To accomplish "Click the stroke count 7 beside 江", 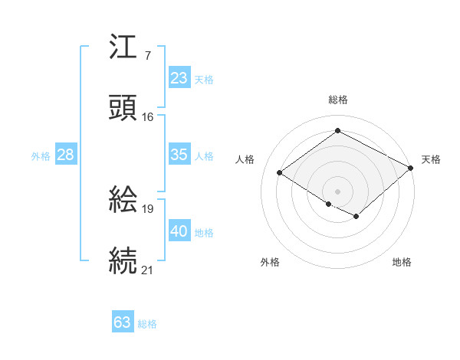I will [x=147, y=56].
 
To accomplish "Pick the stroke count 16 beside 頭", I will [x=147, y=116].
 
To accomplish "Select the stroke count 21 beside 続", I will [x=147, y=270].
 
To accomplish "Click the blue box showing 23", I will [x=179, y=78].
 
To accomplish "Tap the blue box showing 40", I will [x=179, y=231].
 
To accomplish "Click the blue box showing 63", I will [x=122, y=322].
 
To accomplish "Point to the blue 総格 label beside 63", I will [x=147, y=324].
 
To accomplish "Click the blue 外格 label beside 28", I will [x=41, y=156].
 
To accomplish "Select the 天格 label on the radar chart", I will [x=431, y=159].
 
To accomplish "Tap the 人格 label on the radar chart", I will [x=245, y=159].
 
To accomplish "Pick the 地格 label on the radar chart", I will [x=402, y=262].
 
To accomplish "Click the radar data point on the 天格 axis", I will [x=410, y=169].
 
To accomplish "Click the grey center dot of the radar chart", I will [x=337, y=191].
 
